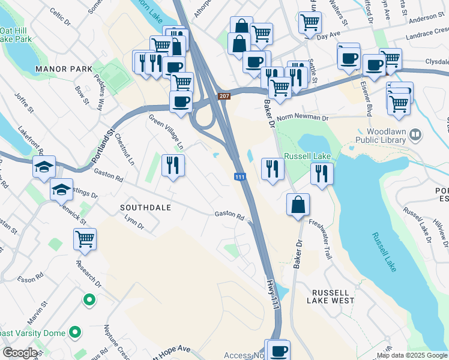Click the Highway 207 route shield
[x=224, y=96]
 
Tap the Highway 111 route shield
[x=240, y=176]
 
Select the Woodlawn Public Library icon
[x=414, y=136]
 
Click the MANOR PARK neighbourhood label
[x=64, y=69]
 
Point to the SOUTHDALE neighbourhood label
[x=145, y=208]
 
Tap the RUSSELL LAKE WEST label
[x=333, y=300]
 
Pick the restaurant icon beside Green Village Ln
[x=173, y=165]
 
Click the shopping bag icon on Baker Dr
[x=298, y=205]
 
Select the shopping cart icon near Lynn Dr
[x=85, y=239]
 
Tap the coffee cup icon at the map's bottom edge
[x=277, y=350]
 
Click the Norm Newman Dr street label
[x=303, y=118]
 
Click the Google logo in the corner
[x=20, y=353]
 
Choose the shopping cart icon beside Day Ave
[x=310, y=23]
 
